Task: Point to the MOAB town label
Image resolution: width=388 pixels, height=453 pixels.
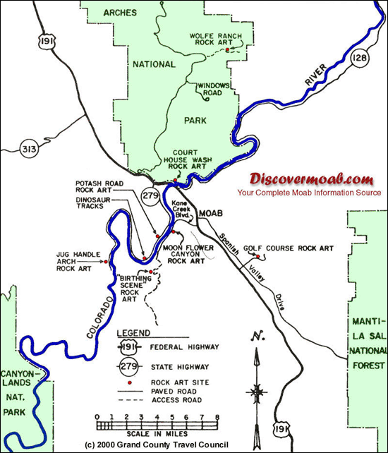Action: point(211,212)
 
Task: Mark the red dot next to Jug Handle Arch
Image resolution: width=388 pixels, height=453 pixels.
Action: point(105,262)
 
